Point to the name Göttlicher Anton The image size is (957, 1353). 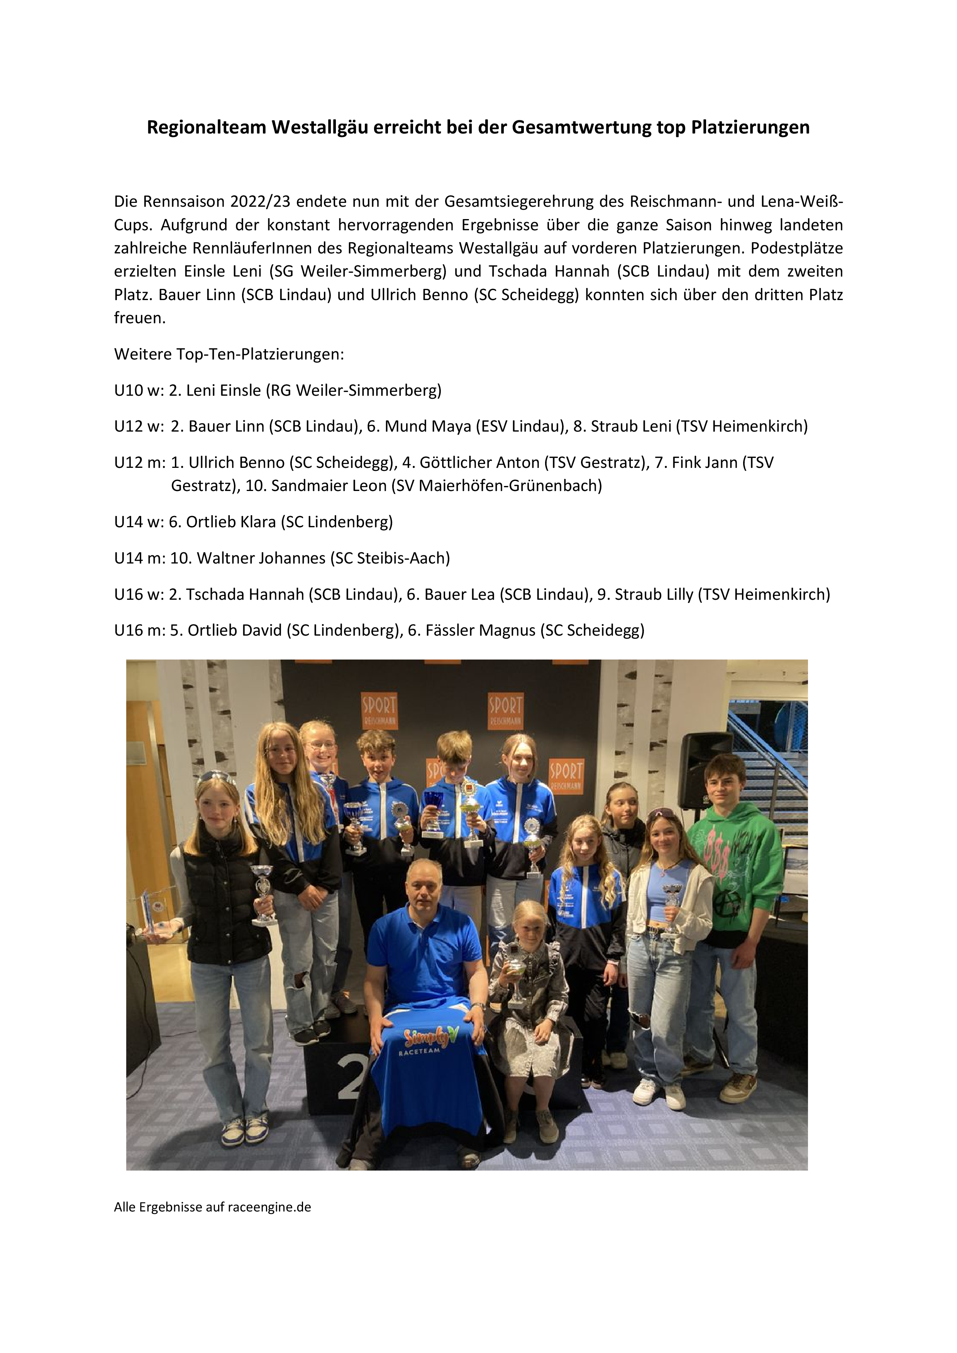click(479, 462)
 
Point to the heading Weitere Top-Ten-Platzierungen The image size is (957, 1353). click(229, 354)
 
